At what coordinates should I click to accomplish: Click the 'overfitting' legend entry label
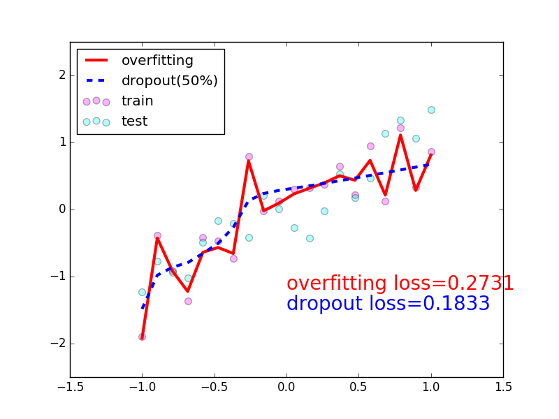[157, 61]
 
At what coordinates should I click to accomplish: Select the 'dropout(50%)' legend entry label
[169, 81]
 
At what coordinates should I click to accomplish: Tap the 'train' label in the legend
[137, 101]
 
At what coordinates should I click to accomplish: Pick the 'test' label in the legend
[134, 122]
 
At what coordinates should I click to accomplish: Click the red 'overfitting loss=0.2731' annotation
[400, 284]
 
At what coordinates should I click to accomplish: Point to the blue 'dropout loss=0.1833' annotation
[388, 304]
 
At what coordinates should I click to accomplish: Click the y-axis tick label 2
[62, 75]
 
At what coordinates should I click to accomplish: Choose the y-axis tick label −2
[59, 344]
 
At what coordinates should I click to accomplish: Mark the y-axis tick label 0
[62, 209]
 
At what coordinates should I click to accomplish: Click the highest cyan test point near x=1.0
[431, 110]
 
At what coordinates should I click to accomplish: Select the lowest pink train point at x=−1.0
[142, 337]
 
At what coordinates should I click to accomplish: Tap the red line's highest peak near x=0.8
[400, 135]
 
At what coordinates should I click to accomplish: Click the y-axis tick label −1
[59, 277]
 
